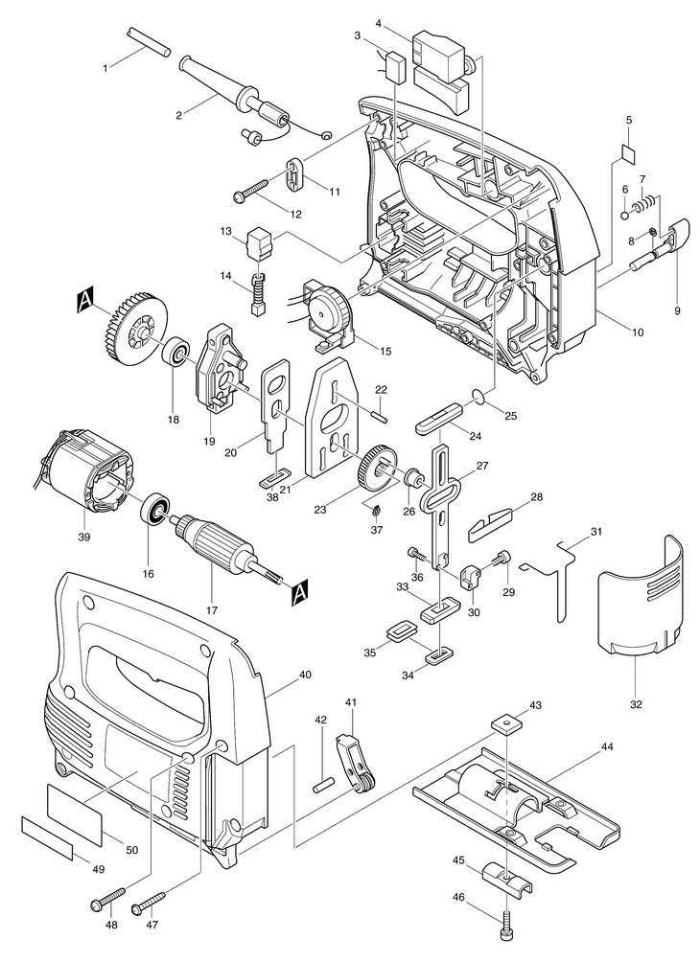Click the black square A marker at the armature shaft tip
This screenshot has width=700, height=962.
tap(298, 592)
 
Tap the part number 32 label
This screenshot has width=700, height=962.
tap(636, 704)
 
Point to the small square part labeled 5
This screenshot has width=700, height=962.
tap(628, 151)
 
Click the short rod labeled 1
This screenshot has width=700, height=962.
tap(148, 41)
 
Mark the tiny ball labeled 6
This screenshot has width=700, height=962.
tap(624, 215)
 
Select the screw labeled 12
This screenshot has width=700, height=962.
tap(252, 189)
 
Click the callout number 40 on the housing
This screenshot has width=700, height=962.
tap(304, 675)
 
